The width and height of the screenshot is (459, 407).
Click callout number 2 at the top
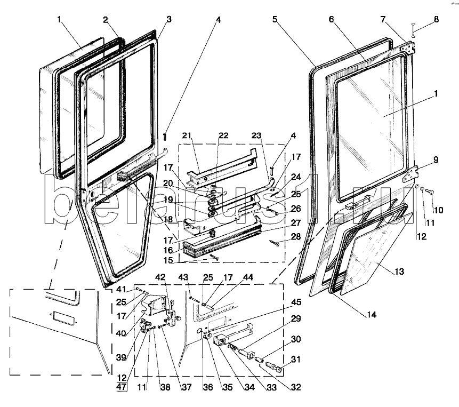click(x=106, y=20)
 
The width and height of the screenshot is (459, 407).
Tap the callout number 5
click(x=275, y=20)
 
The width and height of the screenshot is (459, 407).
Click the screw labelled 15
click(x=214, y=257)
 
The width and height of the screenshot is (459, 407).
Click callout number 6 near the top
click(x=331, y=20)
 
